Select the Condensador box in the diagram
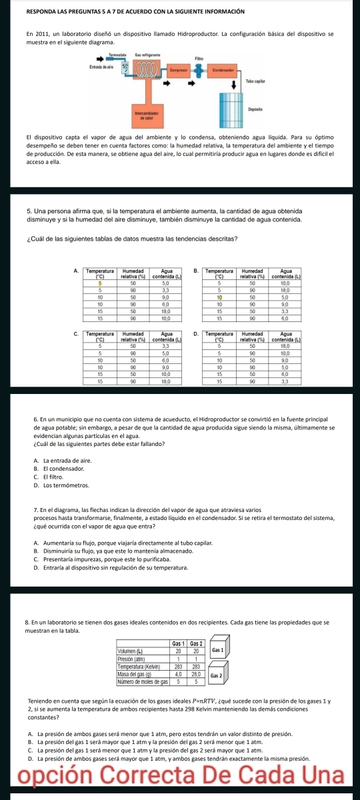[221, 70]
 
